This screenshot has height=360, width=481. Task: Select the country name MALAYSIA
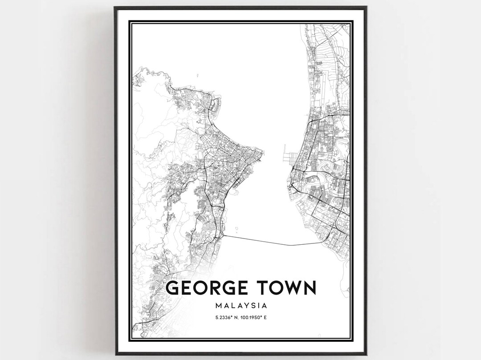click(240, 306)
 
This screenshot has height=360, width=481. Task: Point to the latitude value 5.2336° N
click(225, 317)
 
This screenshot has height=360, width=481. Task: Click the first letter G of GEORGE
click(173, 288)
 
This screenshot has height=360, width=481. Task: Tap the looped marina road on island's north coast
click(216, 105)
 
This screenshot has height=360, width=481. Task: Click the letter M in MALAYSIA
click(218, 306)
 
